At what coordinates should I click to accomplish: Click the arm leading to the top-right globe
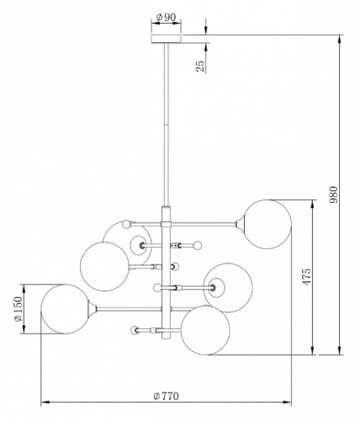point(206,222)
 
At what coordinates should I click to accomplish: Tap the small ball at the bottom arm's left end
point(134,331)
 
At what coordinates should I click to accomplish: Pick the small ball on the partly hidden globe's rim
point(126,223)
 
